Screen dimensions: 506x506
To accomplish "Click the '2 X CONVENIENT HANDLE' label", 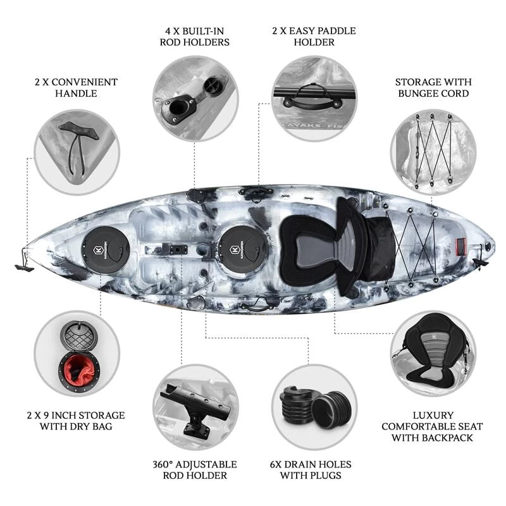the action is click(x=76, y=87).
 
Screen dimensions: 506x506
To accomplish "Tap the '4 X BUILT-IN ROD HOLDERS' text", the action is click(x=195, y=37).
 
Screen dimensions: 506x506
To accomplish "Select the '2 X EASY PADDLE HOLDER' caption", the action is click(x=314, y=37).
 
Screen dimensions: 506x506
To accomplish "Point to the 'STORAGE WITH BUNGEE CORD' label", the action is click(x=433, y=87).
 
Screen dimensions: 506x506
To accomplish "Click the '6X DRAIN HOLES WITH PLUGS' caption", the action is click(x=311, y=469).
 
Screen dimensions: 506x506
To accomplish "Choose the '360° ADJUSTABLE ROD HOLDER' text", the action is click(x=195, y=469).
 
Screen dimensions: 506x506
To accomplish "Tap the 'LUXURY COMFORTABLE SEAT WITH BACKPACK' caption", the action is click(x=432, y=426).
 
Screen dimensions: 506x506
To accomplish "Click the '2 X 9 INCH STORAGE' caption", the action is click(x=76, y=415).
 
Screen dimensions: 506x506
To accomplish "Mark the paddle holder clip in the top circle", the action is click(x=312, y=97).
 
